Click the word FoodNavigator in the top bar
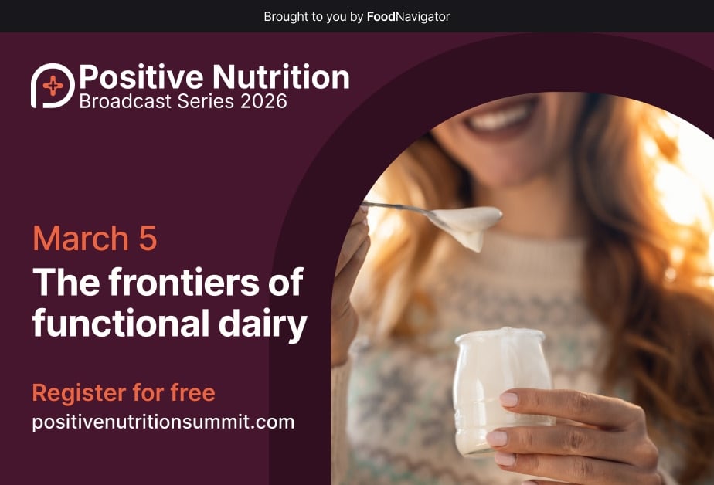click(x=408, y=16)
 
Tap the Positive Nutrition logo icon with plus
click(x=52, y=85)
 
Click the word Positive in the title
click(x=141, y=77)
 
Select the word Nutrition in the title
click(x=280, y=77)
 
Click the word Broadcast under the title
click(x=126, y=101)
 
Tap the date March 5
click(x=95, y=239)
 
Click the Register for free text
click(x=124, y=392)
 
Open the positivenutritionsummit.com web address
click(x=163, y=422)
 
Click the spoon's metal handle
click(x=394, y=208)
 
